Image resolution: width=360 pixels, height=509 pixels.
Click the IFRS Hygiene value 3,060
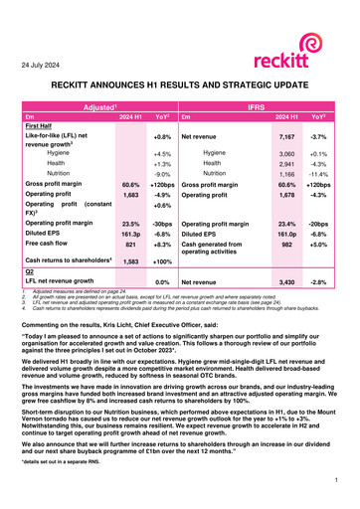point(287,155)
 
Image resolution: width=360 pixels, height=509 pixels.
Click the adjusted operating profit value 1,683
point(130,196)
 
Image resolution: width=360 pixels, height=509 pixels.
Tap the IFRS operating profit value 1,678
point(287,196)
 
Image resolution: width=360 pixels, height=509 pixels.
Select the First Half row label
point(39,126)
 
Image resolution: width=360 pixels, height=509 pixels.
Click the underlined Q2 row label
point(29,299)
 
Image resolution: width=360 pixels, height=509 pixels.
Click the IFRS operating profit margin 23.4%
point(287,225)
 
